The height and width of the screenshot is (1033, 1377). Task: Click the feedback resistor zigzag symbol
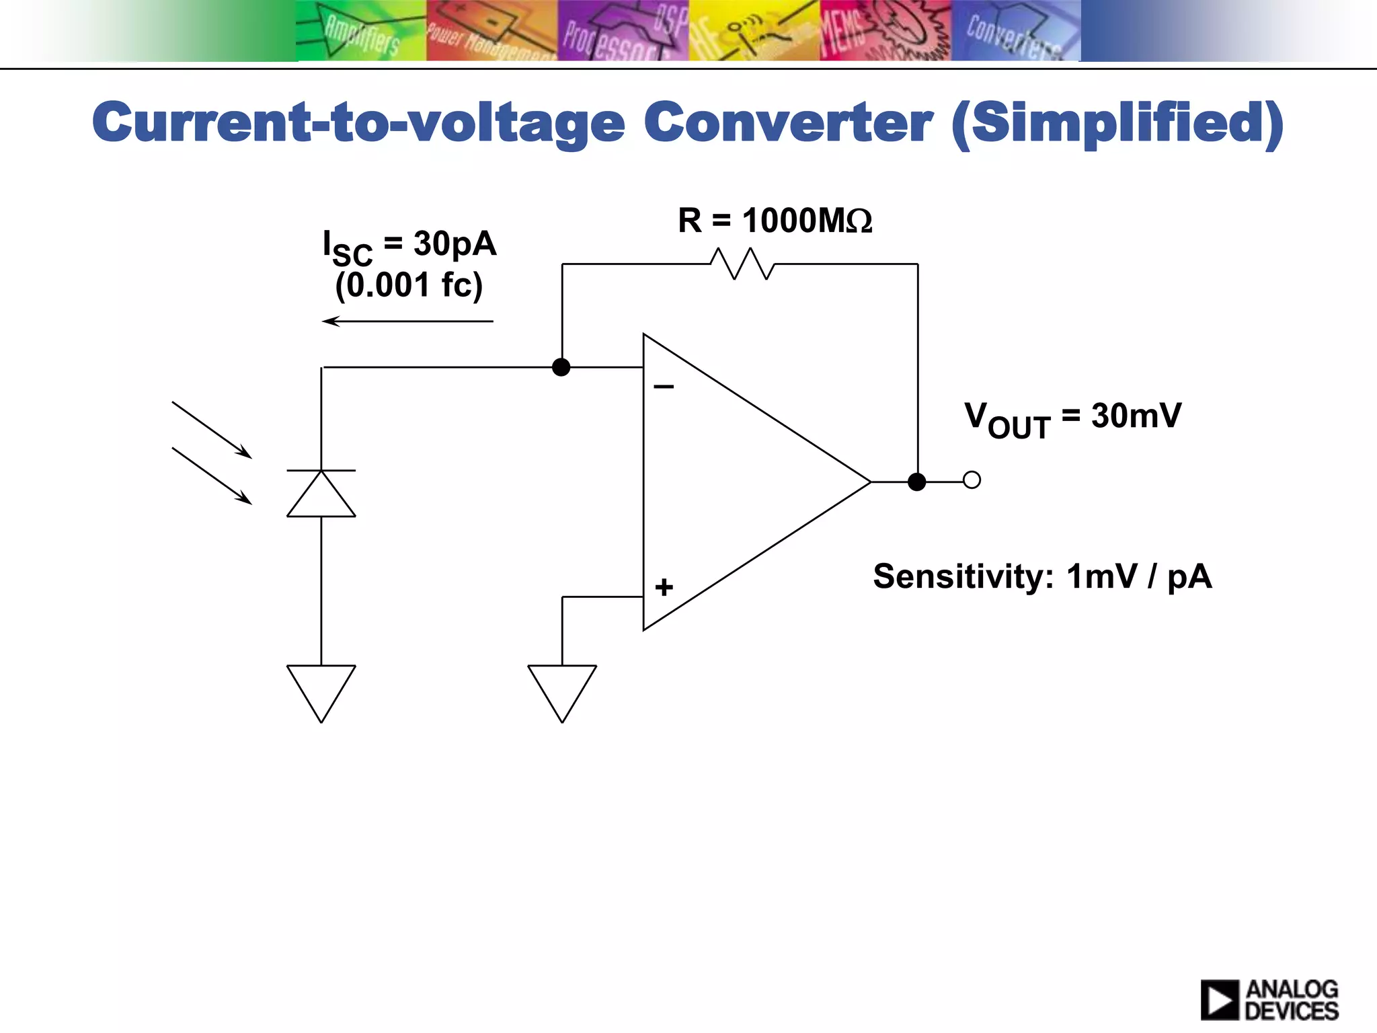[x=742, y=264]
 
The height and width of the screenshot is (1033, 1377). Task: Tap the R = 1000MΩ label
[x=775, y=221]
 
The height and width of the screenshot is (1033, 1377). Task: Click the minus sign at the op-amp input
[x=664, y=387]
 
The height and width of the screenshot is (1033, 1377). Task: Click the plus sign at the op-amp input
[x=664, y=587]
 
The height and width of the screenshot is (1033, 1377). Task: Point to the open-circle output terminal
[x=972, y=480]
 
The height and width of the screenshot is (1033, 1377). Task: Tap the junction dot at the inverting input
[x=561, y=367]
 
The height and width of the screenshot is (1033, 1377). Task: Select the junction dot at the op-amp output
[x=916, y=482]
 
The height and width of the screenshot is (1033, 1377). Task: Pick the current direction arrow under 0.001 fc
[x=407, y=321]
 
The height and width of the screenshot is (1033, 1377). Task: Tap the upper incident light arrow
[x=212, y=430]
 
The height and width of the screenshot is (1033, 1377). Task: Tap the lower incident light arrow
[x=212, y=476]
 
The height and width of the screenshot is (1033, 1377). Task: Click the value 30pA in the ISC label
[x=455, y=243]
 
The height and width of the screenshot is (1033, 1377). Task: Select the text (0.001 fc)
[x=409, y=285]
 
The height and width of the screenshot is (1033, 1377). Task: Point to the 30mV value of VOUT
[x=1136, y=416]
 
